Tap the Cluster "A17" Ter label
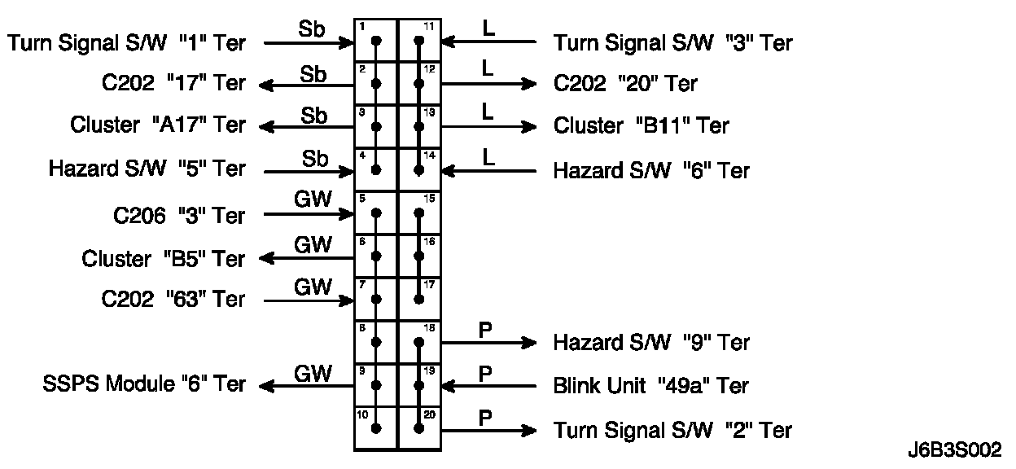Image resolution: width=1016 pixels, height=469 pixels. coord(157,125)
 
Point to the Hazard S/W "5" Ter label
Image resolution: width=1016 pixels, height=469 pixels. coord(147,169)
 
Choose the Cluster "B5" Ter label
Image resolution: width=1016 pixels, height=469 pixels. coord(163,259)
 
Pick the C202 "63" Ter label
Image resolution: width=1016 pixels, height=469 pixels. coord(173,300)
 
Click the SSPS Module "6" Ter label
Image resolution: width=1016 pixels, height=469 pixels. coord(143,384)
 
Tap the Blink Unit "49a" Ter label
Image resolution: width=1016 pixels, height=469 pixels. coord(651,385)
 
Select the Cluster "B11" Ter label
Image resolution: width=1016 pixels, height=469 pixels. coord(642,125)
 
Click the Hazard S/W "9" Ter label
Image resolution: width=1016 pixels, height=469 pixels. coord(651,342)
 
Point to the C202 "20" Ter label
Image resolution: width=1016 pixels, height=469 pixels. coord(625,83)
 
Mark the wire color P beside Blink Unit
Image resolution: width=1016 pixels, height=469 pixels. coord(485,374)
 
